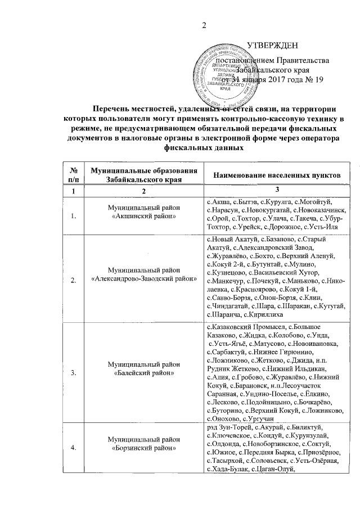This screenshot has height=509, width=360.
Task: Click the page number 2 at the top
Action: coord(205,24)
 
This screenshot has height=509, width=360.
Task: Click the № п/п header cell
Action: coord(73,175)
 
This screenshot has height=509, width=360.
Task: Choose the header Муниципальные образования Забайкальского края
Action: coord(146,175)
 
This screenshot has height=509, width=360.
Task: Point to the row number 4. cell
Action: coord(73,448)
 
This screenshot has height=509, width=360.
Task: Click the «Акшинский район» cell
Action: coord(146,219)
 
